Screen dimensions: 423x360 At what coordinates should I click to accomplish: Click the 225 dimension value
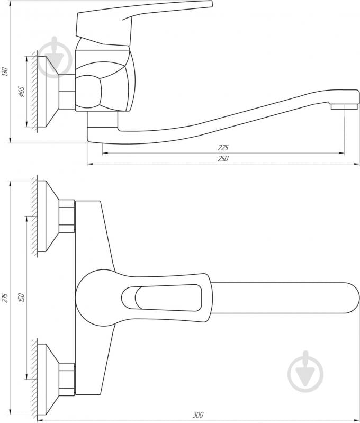point(222,148)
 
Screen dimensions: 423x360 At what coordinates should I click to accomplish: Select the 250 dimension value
point(222,159)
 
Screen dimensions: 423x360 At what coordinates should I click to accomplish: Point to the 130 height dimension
point(5,72)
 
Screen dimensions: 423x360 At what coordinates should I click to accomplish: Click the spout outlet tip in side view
point(340,106)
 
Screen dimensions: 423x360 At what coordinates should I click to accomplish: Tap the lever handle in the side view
point(143,16)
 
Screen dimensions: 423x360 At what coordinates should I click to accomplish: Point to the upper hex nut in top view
point(67,216)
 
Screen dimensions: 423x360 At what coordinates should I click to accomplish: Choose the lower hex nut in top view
point(67,379)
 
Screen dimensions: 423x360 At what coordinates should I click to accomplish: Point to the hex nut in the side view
point(67,92)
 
